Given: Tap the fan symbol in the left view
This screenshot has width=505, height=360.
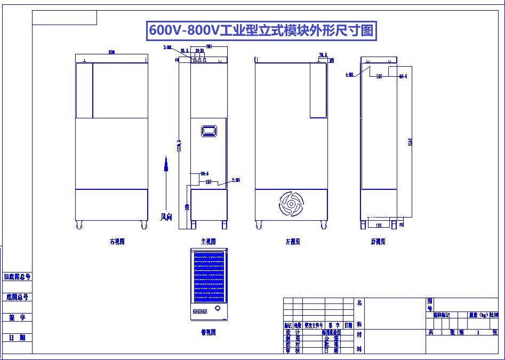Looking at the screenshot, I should tap(291, 204).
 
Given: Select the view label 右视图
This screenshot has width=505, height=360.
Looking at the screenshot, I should tap(117, 242).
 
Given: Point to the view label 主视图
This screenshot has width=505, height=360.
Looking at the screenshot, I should tap(207, 242).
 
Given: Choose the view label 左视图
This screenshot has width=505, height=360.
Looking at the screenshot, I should tap(292, 242).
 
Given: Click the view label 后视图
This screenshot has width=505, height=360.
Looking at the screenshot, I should tap(378, 242).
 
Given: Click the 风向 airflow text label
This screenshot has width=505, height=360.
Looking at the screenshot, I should tap(166, 217).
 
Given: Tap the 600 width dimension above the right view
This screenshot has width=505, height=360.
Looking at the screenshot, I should tap(111, 52).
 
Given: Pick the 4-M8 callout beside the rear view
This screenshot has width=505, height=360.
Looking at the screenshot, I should tap(349, 75).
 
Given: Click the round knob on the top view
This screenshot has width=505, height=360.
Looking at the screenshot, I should tap(218, 309).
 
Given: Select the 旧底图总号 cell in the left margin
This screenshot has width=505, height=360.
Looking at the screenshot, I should tap(17, 277).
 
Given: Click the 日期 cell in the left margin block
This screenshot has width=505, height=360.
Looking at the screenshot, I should tap(17, 338).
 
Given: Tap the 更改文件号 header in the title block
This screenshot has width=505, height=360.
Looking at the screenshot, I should tap(314, 325).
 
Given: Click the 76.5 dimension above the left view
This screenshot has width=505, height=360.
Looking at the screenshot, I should tap(323, 55).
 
